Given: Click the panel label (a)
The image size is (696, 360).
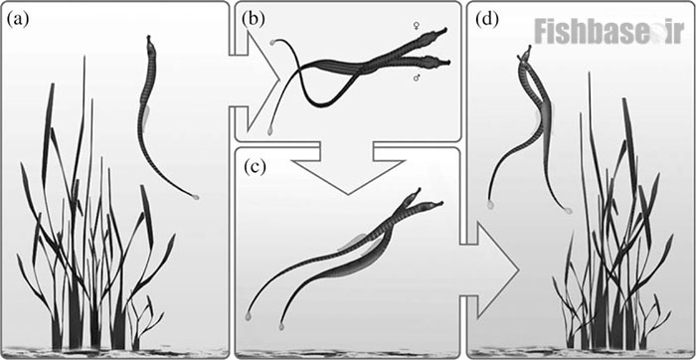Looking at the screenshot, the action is (18, 20).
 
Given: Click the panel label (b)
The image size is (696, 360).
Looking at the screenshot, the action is (254, 20).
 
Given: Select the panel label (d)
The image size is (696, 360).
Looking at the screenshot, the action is (486, 20).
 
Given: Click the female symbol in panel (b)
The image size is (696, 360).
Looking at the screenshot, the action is (417, 27).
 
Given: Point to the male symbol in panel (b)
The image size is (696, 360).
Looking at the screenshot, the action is (417, 79).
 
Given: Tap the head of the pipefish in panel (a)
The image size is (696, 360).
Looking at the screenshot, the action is (149, 44).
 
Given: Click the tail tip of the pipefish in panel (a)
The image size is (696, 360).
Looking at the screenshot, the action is (195, 196).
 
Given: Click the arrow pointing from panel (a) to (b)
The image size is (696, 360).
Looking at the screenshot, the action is (256, 81).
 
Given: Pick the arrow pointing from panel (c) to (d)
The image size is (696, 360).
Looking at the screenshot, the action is (489, 269).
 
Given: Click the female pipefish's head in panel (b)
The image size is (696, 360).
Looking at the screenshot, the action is (436, 34).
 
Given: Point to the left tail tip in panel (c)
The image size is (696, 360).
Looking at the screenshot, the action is (249, 316).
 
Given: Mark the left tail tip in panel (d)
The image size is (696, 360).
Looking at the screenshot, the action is (490, 205).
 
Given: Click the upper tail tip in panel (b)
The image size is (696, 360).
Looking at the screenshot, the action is (272, 43).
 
